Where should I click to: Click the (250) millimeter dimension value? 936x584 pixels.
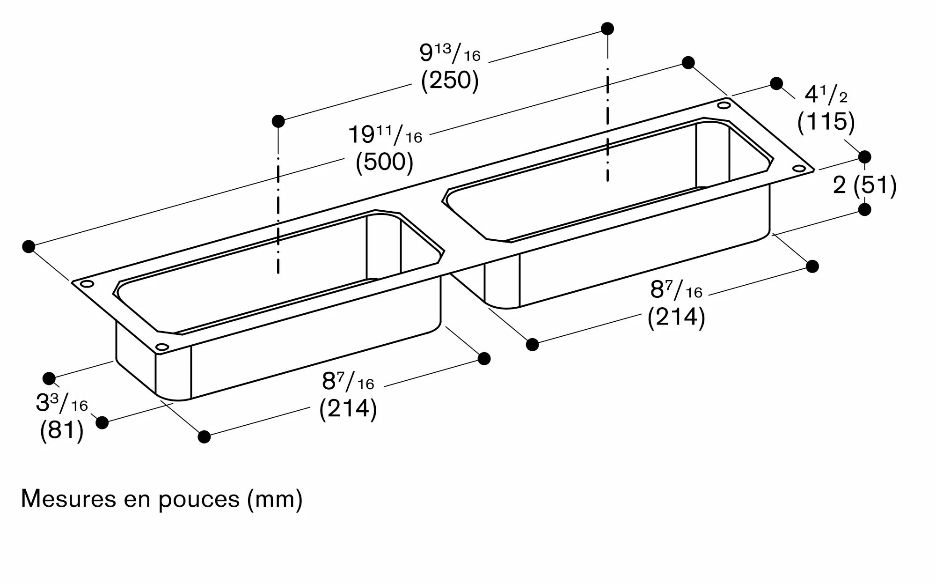450,81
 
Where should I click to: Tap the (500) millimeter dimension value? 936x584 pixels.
385,162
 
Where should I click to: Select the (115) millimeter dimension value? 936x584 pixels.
826,122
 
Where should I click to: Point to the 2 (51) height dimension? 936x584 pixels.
864,185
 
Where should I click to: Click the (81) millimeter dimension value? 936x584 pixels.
62,430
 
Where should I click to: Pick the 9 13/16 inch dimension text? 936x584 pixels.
450,53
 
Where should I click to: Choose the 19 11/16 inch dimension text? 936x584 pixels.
385,135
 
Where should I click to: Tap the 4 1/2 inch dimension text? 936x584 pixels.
826,95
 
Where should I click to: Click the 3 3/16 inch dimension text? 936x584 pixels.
62,403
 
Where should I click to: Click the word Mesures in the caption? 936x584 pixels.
68,499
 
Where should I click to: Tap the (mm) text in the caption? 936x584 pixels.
275,499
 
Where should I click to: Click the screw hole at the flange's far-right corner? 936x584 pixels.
799,169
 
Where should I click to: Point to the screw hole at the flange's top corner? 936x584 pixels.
724,105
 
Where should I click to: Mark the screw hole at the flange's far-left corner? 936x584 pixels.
87,284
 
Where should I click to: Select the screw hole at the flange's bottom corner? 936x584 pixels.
162,347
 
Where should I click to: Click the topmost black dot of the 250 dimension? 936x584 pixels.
607,29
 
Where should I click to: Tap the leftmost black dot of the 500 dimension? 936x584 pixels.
29,246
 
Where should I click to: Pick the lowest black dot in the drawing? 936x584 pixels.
204,437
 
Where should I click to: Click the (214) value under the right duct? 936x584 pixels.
676,318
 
